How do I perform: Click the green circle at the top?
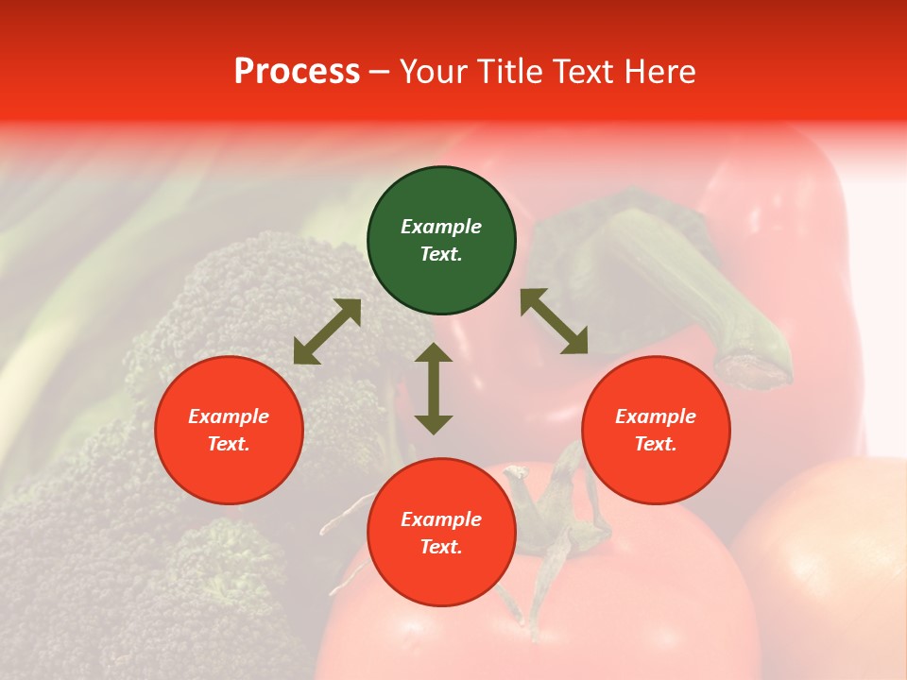[441, 240]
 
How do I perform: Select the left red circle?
[229, 430]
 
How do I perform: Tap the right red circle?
[656, 430]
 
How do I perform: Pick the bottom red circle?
[441, 533]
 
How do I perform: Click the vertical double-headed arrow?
[434, 388]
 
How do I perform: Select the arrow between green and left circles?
[327, 331]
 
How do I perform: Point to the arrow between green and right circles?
[555, 321]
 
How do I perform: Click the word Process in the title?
[297, 72]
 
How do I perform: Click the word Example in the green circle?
[441, 227]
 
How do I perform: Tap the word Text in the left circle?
[229, 444]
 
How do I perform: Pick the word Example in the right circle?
[656, 416]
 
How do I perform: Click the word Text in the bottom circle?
[441, 547]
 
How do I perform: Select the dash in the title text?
[379, 73]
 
